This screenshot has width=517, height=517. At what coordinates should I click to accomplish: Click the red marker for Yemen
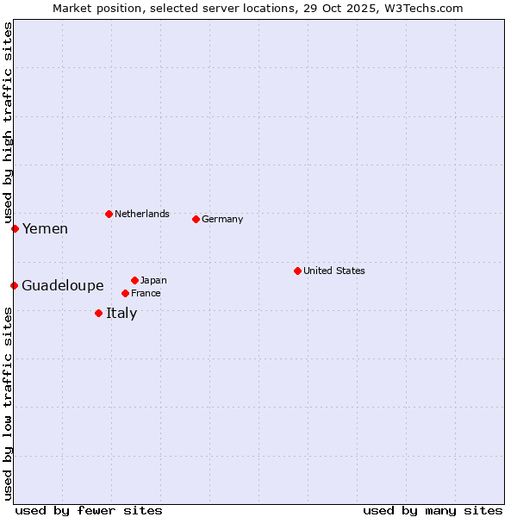[x=15, y=228]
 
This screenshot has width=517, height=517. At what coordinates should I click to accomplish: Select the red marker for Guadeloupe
[x=14, y=285]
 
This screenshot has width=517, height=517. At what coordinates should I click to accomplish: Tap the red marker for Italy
[x=98, y=313]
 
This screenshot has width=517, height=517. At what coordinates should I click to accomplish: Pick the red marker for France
[x=125, y=293]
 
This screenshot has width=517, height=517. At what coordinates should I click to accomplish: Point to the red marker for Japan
[x=134, y=280]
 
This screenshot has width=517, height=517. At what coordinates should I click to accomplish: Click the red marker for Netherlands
[x=109, y=214]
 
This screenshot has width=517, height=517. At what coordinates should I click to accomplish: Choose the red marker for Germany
[x=196, y=219]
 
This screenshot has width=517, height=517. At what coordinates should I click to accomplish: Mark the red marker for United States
[x=297, y=271]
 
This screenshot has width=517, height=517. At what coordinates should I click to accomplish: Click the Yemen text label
[x=45, y=228]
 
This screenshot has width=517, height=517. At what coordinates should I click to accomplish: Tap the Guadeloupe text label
[x=63, y=285]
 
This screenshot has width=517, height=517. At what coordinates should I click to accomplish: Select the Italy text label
[x=121, y=313]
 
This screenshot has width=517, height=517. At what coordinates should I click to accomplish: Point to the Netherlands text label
[x=142, y=214]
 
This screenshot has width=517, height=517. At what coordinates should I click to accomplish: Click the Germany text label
[x=222, y=219]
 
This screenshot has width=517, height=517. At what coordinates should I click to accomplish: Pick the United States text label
[x=334, y=271]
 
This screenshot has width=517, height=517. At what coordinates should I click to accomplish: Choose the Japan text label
[x=153, y=280]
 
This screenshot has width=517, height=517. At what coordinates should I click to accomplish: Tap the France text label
[x=146, y=293]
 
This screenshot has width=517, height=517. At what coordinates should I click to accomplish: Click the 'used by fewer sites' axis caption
[x=89, y=510]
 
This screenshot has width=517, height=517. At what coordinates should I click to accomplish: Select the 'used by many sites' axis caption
[x=433, y=510]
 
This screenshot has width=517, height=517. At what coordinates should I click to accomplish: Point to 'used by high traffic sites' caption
[x=8, y=121]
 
